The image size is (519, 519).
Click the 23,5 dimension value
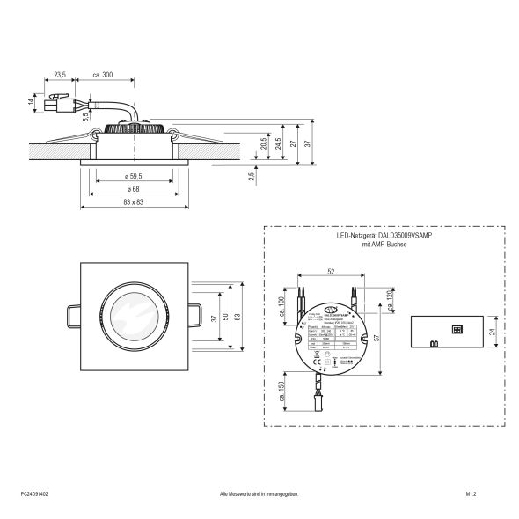click(x=60, y=75)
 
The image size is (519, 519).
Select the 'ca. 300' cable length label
click(x=102, y=75)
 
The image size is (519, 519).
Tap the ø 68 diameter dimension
click(x=134, y=190)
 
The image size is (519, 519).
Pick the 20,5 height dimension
click(x=262, y=144)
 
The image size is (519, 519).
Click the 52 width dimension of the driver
click(x=328, y=272)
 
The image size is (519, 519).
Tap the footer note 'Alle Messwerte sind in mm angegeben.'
click(x=259, y=495)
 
